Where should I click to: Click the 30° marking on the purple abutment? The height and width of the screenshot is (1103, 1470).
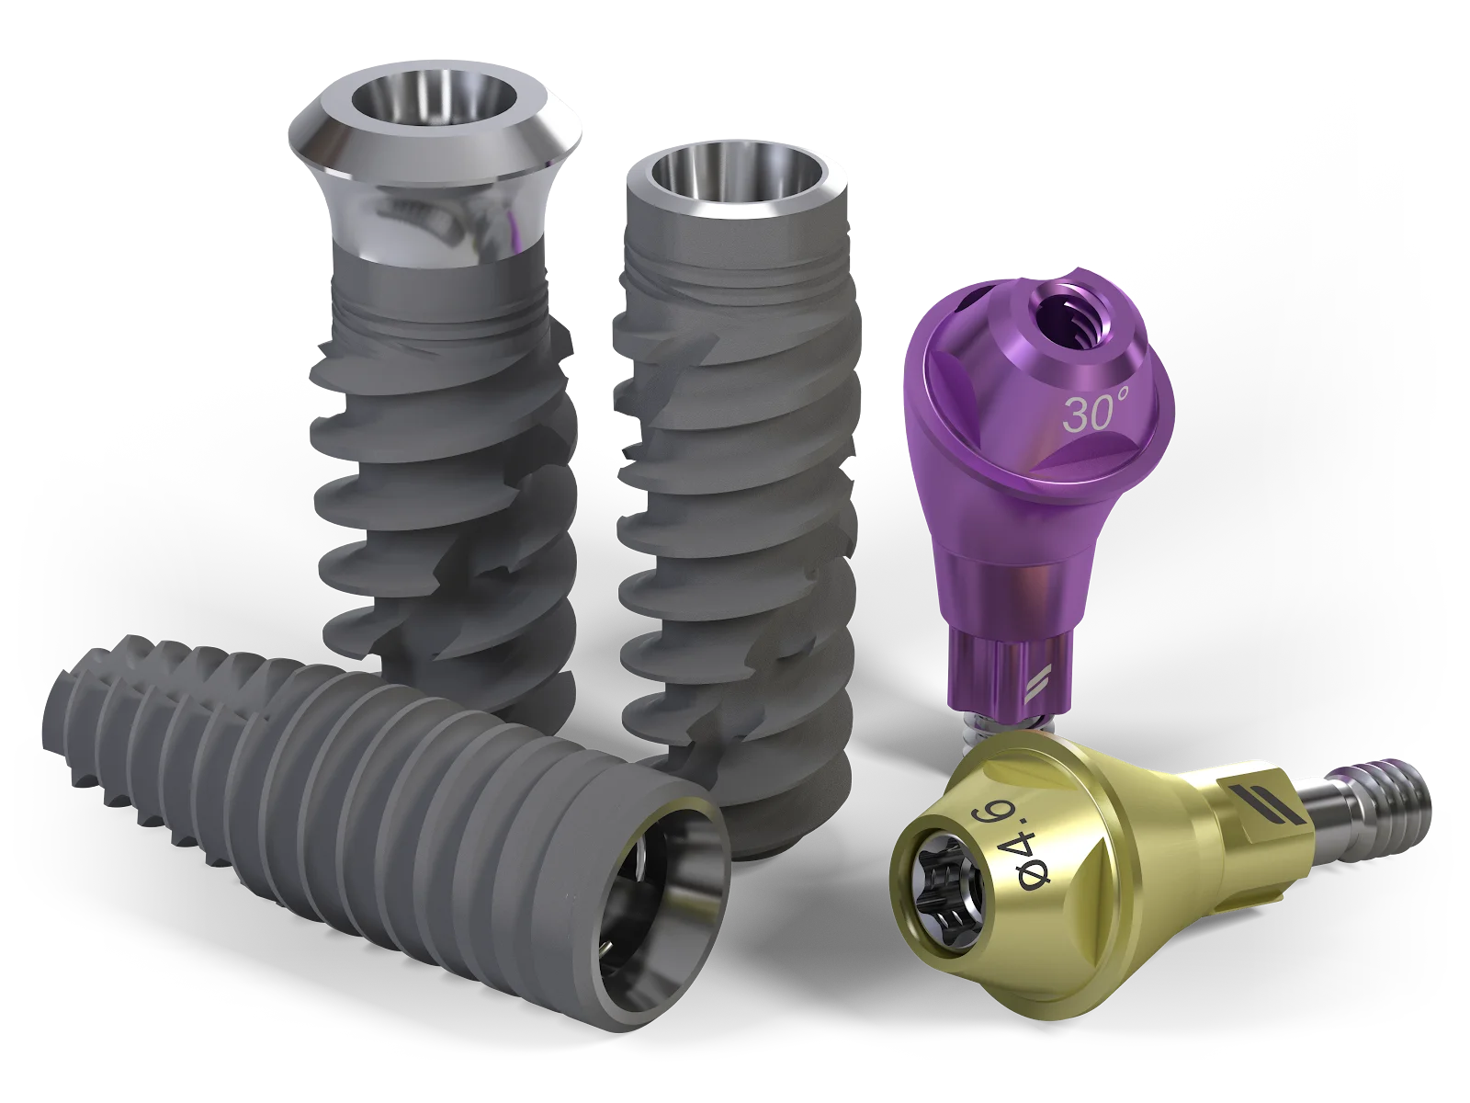[1096, 414]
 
